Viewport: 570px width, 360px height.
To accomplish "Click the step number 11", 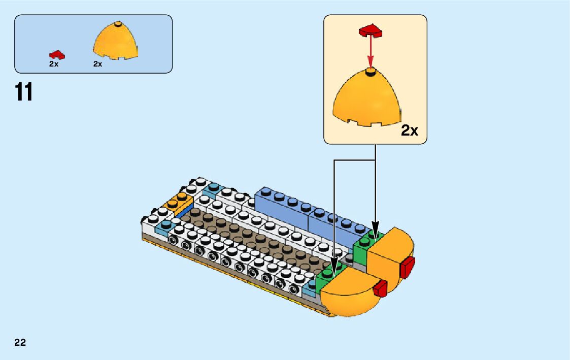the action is tap(24, 92).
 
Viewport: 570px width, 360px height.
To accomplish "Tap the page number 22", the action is tap(20, 342).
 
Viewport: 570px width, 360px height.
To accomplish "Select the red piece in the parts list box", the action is tap(56, 54).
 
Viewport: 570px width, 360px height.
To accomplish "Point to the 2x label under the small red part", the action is tap(54, 64).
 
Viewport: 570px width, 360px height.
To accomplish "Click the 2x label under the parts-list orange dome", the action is tap(98, 64).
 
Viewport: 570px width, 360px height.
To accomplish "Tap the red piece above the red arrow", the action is tap(371, 31).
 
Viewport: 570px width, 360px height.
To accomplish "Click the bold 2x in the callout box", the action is tap(409, 130).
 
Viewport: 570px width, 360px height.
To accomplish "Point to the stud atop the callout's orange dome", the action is tap(371, 70).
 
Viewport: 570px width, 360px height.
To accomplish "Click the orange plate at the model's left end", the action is tap(176, 202).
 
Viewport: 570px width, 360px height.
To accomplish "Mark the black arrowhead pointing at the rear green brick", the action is tap(375, 225).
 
